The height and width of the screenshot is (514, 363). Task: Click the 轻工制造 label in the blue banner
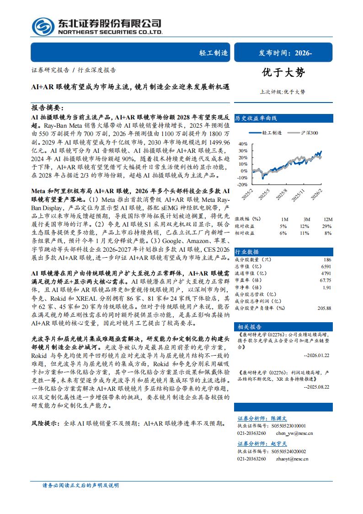coord(213,53)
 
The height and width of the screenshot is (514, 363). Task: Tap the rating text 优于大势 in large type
coord(283,72)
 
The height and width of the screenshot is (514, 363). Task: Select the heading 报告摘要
coord(46,108)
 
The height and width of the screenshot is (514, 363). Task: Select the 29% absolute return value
coord(327,226)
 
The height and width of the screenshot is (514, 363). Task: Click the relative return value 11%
coord(304,233)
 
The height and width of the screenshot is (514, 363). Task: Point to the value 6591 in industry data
coord(326,266)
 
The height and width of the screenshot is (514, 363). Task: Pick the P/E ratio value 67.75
coord(326,280)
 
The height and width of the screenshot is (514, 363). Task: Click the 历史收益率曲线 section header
coord(256,118)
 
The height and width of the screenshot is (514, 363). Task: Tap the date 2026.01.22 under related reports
coord(317,355)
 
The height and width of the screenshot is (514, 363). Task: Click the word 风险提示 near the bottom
coord(44,423)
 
